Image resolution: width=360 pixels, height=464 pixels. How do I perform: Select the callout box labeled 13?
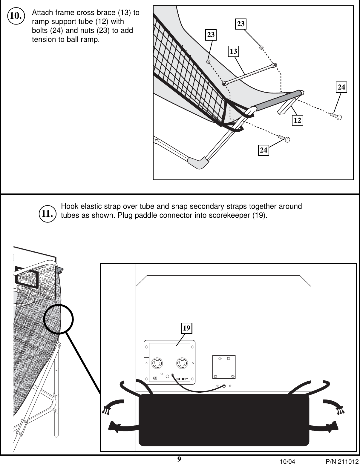(x=233, y=51)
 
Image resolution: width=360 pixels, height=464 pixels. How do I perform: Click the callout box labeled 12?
(x=297, y=120)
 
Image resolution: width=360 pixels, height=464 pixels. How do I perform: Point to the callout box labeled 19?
(x=186, y=328)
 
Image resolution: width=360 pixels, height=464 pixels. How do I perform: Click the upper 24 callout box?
(x=341, y=87)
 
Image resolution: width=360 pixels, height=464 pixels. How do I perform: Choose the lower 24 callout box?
(x=263, y=150)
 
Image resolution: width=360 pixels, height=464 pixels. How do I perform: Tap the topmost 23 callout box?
(x=241, y=24)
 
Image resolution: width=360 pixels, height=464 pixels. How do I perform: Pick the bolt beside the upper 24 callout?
(x=336, y=116)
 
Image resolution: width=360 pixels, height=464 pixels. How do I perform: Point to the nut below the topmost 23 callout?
(x=261, y=47)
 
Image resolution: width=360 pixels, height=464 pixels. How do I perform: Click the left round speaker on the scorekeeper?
(x=157, y=363)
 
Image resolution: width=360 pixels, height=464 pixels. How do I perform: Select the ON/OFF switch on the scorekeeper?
(x=182, y=379)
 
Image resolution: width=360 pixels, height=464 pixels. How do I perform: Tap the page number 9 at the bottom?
(x=179, y=459)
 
